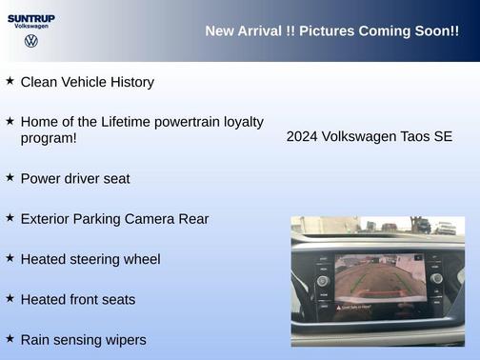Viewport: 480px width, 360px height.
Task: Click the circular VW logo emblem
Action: pyautogui.click(x=31, y=42)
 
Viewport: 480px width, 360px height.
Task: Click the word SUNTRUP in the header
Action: pyautogui.click(x=31, y=17)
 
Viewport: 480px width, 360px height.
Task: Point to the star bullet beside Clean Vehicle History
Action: pyautogui.click(x=10, y=81)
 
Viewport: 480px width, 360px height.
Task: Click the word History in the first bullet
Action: pyautogui.click(x=130, y=82)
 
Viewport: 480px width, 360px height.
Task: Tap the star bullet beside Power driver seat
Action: pyautogui.click(x=10, y=177)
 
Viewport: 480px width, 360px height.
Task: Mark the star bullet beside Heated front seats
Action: pyautogui.click(x=10, y=298)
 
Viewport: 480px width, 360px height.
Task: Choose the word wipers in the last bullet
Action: pyautogui.click(x=124, y=339)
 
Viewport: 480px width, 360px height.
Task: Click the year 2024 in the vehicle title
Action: pyautogui.click(x=302, y=136)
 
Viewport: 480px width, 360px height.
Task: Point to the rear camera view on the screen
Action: pyautogui.click(x=378, y=279)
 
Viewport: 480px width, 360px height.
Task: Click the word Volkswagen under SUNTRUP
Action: pyautogui.click(x=31, y=27)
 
